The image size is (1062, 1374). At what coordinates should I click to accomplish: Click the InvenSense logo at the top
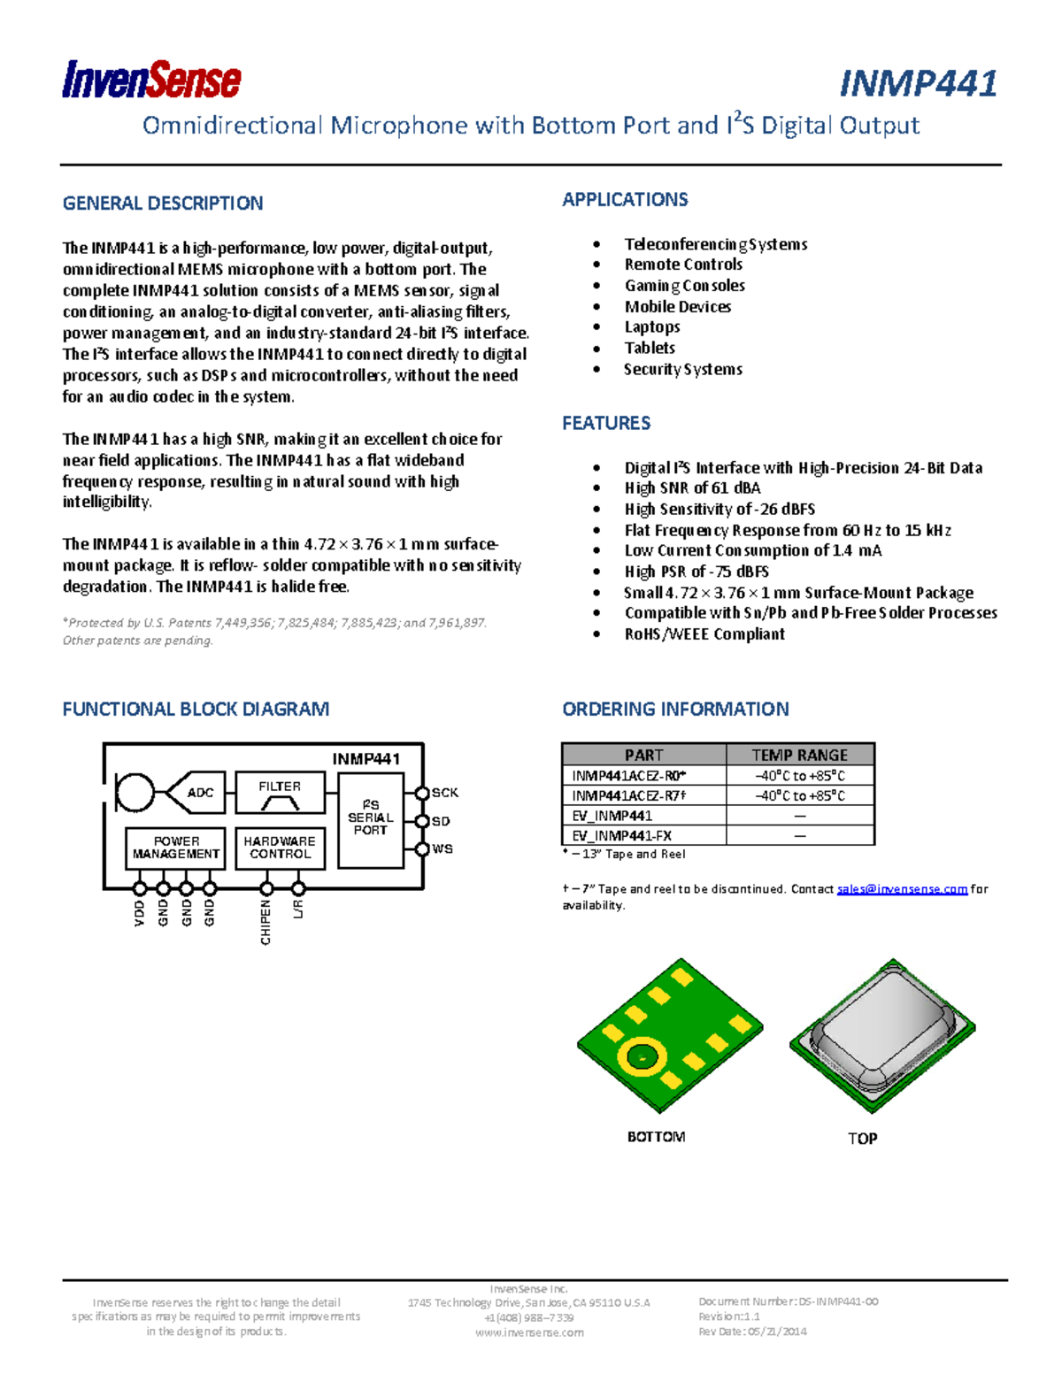[151, 81]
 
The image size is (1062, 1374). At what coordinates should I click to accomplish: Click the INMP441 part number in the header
[918, 84]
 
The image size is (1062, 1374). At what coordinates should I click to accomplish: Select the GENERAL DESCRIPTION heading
[163, 203]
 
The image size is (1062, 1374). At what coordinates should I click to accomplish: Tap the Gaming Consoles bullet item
[684, 286]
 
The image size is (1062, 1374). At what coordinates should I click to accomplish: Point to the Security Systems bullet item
[682, 370]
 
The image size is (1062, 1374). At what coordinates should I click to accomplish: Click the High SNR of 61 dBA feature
[692, 488]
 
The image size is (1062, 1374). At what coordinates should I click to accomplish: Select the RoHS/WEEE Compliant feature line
[704, 634]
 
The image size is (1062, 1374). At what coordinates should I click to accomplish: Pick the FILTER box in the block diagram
[280, 793]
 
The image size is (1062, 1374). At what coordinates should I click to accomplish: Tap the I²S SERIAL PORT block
[371, 817]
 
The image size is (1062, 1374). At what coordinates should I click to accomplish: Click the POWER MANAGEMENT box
[176, 848]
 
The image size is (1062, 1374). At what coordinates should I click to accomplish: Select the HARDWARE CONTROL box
[280, 848]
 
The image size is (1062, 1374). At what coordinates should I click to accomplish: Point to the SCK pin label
[445, 793]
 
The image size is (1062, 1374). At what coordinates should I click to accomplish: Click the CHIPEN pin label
[265, 922]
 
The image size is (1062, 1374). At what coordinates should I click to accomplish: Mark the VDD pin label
[140, 913]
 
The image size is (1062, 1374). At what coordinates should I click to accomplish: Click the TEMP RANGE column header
[799, 755]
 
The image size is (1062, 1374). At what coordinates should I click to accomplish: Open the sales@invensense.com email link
[902, 889]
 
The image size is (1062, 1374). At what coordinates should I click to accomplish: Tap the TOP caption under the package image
[862, 1139]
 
